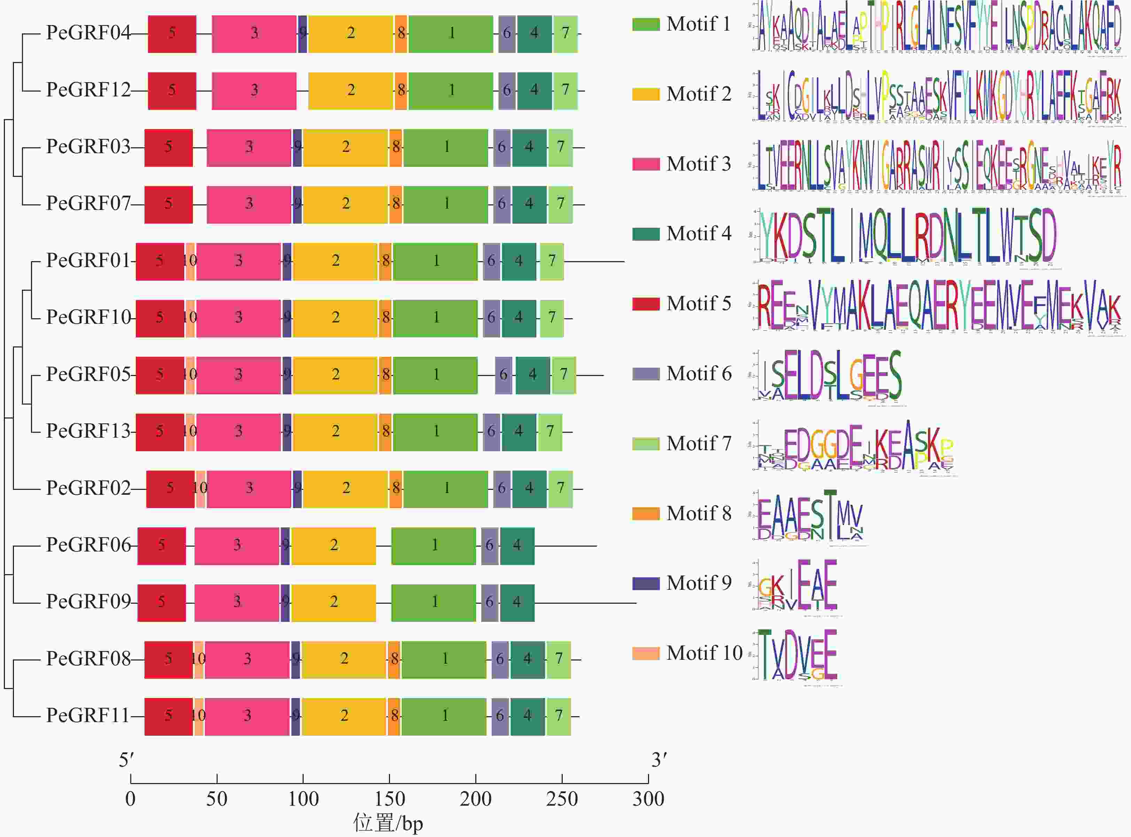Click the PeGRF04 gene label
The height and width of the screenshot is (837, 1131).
coord(88,33)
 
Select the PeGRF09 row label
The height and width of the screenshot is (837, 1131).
coord(88,602)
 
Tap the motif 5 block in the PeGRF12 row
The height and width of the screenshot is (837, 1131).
coord(172,91)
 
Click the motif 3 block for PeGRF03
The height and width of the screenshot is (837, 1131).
coord(249,147)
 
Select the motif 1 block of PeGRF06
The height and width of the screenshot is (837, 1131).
coord(434,546)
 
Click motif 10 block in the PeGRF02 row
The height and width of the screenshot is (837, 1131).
coord(201,489)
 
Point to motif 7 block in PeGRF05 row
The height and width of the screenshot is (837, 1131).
coord(563,375)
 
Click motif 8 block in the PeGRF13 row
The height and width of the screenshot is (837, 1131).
coord(385,432)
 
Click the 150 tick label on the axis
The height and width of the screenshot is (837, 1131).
coord(389,799)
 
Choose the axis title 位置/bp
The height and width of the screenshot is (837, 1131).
coord(388,824)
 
